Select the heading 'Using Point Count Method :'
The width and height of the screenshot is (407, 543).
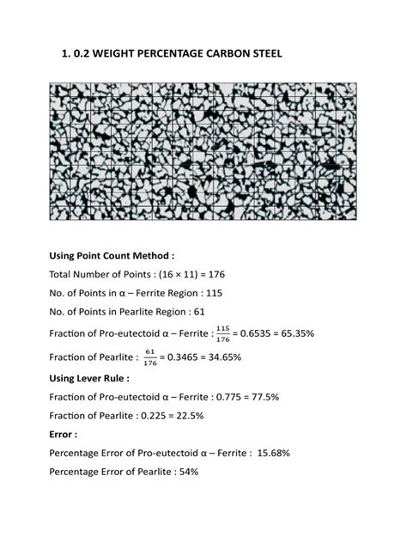112,255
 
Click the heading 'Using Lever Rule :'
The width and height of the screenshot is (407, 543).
90,376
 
